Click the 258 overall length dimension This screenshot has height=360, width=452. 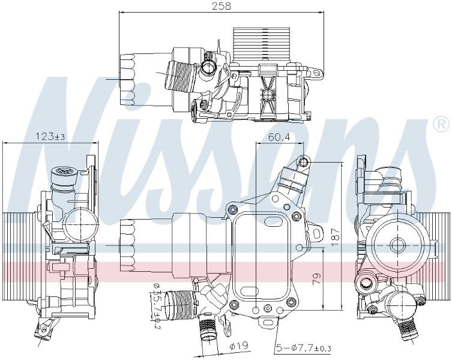point(221,7)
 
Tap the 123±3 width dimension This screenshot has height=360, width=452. point(50,136)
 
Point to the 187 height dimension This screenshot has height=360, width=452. point(335,237)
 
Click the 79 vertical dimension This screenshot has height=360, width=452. point(317,279)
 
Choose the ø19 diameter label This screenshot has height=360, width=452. point(239,346)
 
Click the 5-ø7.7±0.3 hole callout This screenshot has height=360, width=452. point(304,348)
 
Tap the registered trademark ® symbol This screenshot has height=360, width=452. point(441,125)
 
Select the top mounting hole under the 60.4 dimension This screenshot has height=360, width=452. point(304,163)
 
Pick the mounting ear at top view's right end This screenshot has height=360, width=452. point(316,73)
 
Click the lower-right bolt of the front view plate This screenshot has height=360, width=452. point(291,302)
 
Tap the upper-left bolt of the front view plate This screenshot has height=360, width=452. point(232,209)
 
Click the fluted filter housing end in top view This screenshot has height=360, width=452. point(128,80)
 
